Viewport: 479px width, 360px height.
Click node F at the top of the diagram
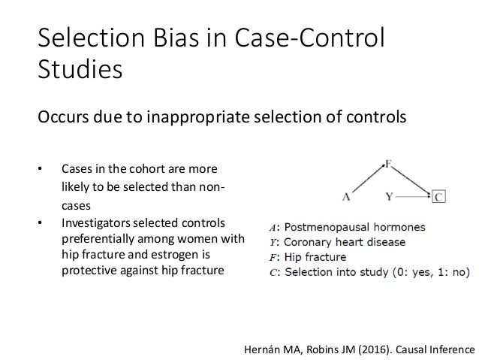(388, 162)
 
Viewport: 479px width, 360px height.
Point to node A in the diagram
(346, 198)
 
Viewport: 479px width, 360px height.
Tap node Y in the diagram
(390, 198)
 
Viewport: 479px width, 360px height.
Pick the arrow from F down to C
(412, 180)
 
